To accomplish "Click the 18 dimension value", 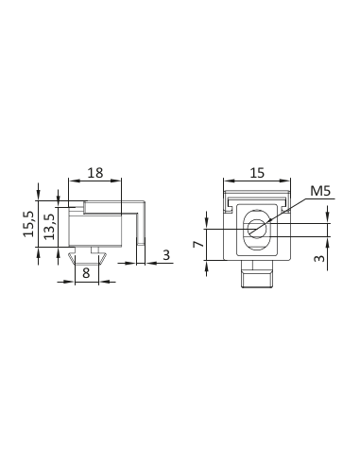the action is pyautogui.click(x=95, y=173).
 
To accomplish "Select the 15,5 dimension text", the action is pyautogui.click(x=28, y=224).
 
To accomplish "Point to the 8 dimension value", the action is pyautogui.click(x=86, y=272).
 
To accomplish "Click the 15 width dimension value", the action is pyautogui.click(x=257, y=173).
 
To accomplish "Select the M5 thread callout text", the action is pyautogui.click(x=320, y=191).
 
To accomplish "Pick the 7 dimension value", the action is pyautogui.click(x=197, y=244).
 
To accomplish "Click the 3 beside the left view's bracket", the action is pyautogui.click(x=166, y=255).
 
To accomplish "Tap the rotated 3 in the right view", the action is pyautogui.click(x=319, y=258).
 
